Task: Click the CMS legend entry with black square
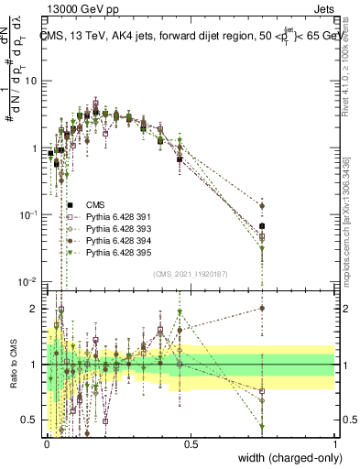94,204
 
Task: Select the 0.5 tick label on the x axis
191,443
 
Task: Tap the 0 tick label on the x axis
47,443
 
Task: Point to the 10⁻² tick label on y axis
28,281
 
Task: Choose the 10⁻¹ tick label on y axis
28,214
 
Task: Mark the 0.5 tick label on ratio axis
30,420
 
